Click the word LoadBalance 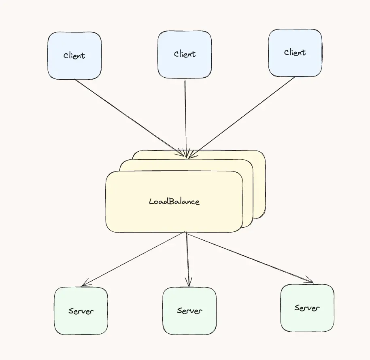174,201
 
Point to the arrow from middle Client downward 185,117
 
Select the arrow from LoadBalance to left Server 134,259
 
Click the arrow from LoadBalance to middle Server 187,259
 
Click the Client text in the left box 74,56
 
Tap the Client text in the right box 295,53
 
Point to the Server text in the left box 81,311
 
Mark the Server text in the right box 307,308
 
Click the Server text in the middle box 189,311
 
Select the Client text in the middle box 185,54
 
